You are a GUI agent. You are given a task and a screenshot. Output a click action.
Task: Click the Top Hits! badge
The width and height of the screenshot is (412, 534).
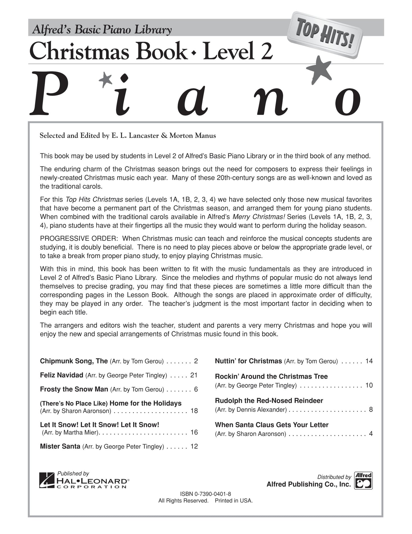coord(325,35)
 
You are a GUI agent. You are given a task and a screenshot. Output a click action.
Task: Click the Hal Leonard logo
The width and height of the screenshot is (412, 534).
coord(84,481)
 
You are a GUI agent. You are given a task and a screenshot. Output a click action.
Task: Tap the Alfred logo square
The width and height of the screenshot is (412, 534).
coord(363,481)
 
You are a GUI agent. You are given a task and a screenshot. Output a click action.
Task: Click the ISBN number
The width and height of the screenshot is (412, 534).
coord(205,494)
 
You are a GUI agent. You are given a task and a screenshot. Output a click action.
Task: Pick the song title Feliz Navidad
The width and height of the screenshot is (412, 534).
coord(62,375)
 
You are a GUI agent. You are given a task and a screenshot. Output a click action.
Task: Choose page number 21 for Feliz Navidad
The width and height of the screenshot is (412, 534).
coord(194,375)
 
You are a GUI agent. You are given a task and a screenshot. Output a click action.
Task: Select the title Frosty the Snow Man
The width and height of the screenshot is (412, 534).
coord(74,389)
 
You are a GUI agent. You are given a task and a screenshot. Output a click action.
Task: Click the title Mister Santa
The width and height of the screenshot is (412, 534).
coord(60,446)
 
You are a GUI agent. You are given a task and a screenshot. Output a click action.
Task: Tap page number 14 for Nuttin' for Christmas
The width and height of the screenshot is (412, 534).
coord(369,361)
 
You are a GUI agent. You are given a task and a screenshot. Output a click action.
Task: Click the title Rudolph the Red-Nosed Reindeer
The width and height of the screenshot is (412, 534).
coord(269,400)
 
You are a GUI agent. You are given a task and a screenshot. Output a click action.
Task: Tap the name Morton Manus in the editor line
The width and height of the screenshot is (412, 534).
coord(192,135)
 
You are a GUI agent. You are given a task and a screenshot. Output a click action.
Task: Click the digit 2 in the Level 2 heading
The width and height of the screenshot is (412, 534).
coord(266,51)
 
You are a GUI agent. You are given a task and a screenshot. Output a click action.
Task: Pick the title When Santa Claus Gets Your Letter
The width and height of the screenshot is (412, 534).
coord(271,425)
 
